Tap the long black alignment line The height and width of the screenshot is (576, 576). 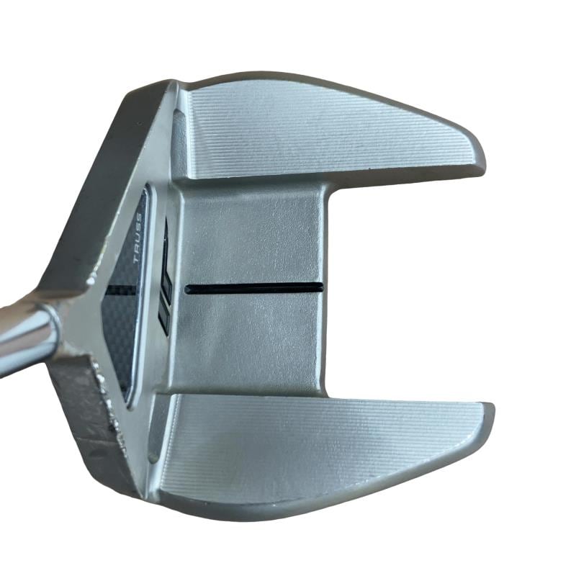tap(254, 288)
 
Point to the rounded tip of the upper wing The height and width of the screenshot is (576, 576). tap(481, 160)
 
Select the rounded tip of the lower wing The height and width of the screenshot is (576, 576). tap(490, 415)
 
